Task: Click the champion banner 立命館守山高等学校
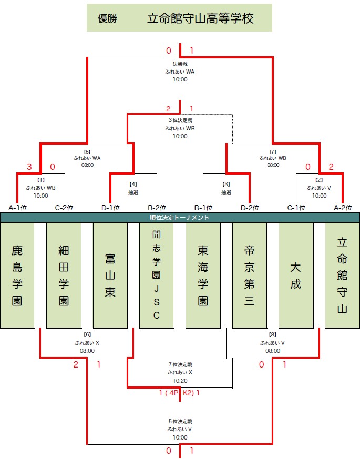coord(179,17)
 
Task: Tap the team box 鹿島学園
coord(17,275)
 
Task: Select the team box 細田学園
coord(64,275)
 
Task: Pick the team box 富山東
coord(110,275)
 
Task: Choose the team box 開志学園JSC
coord(157,275)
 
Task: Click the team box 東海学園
coord(203,275)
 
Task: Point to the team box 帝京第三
coord(249,275)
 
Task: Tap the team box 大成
coord(296,275)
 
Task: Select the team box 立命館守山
coord(342,275)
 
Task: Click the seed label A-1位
coord(17,208)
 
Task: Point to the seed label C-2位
coord(64,208)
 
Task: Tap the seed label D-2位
coord(250,208)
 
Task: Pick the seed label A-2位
coord(343,208)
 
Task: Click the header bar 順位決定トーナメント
coord(180,218)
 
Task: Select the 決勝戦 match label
coord(180,64)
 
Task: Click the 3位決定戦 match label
coord(180,120)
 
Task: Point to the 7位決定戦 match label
coord(180,364)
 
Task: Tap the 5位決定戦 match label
coord(180,421)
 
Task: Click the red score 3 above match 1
coord(29,167)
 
